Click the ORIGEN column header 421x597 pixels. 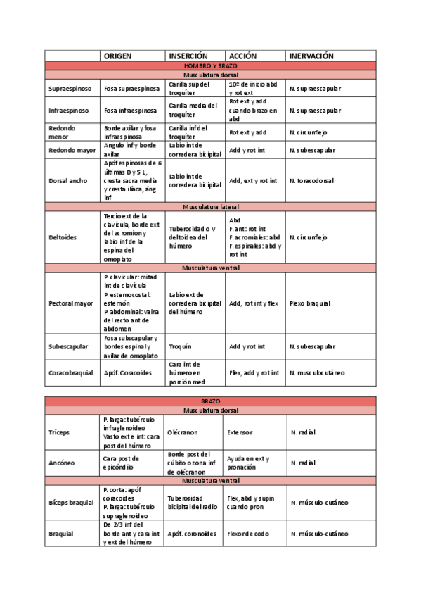coord(117,56)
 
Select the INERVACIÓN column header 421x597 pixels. coord(310,56)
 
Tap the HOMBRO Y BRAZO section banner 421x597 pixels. coord(210,65)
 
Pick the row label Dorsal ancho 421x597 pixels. coord(68,181)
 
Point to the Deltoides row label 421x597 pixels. coord(63,238)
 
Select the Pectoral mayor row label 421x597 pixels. coord(71,303)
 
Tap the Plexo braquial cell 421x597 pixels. coord(309,303)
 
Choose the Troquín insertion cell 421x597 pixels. coord(180,346)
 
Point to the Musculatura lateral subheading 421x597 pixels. coord(210,207)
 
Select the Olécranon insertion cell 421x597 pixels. coord(184,432)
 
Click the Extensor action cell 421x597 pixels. coord(240,432)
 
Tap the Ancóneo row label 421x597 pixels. coord(61,463)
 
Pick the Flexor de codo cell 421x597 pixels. coord(247,534)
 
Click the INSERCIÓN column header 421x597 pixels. coord(188,56)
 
